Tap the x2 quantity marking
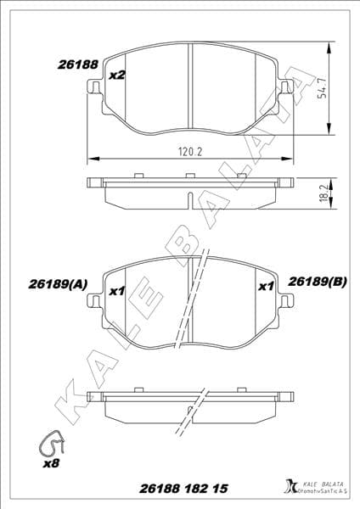[117, 76]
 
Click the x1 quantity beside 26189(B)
[266, 287]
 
